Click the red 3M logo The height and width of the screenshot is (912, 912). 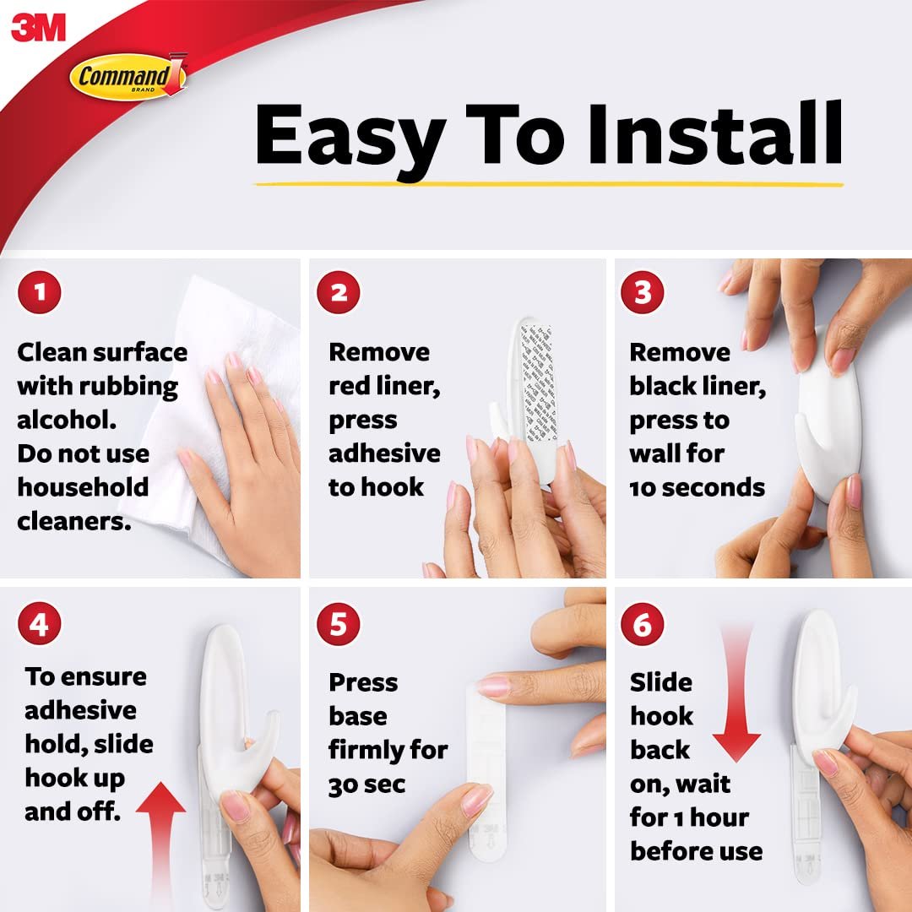coord(38,28)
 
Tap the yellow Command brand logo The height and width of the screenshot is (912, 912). coord(128,76)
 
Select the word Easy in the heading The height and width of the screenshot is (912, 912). coord(350,139)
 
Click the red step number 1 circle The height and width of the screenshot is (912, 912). coord(40,292)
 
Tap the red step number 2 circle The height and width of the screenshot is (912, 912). coord(339,292)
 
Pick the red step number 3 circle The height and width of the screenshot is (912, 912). coord(642,292)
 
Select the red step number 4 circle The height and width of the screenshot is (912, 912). coord(40,623)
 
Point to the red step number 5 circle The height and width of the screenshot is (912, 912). coord(339,623)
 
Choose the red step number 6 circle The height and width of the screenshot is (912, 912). coord(642,623)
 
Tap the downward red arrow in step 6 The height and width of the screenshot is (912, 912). coord(736,693)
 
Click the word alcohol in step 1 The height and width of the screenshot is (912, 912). coord(67,420)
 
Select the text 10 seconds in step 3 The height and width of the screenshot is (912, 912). coord(697,487)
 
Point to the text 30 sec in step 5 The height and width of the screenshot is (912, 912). coord(366,784)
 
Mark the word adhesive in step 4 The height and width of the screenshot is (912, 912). coord(80,710)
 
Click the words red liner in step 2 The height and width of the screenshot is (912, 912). coord(384,386)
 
